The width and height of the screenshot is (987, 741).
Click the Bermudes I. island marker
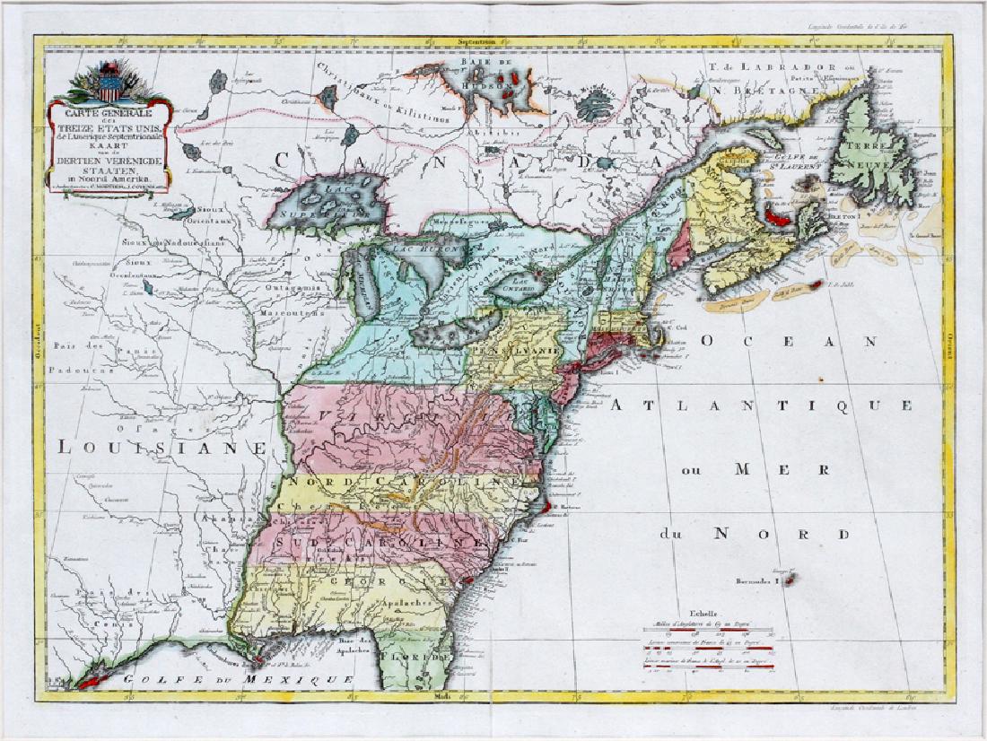tap(790, 580)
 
